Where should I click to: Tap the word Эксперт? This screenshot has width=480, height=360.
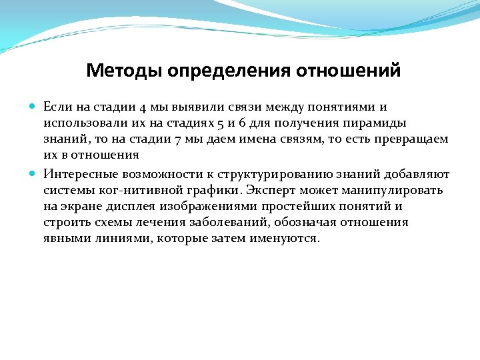pyautogui.click(x=271, y=190)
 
